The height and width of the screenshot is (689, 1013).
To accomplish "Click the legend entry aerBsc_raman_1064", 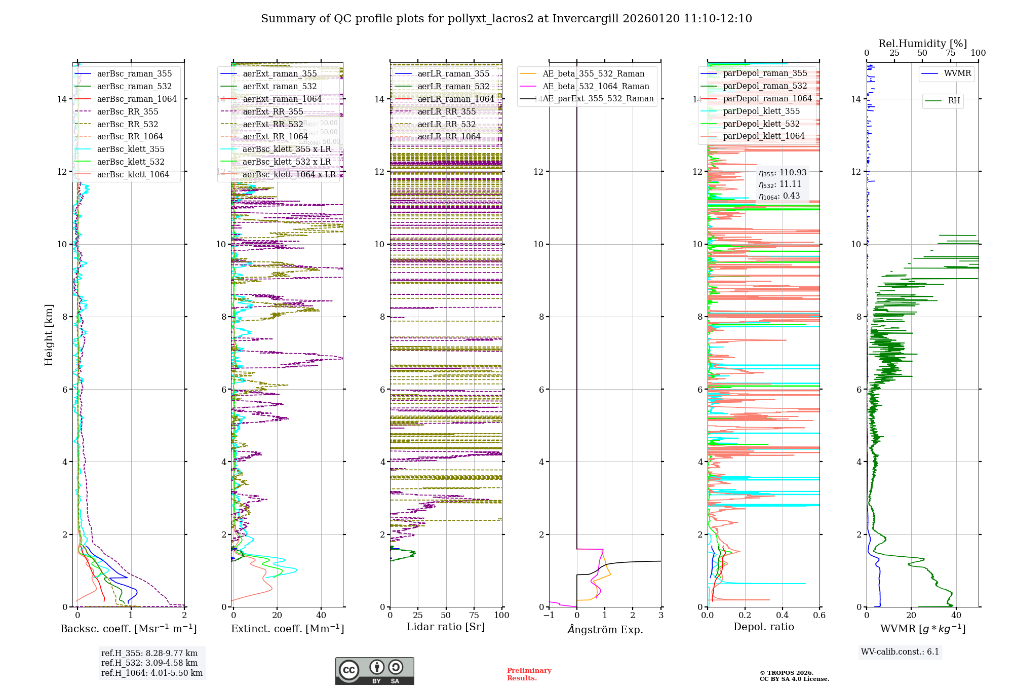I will point(137,99).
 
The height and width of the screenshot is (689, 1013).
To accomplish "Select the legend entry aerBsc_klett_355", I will point(131,149).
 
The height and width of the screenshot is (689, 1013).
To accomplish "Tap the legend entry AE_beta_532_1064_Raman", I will point(596,86).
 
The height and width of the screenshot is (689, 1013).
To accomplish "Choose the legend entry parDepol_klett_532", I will point(761,124).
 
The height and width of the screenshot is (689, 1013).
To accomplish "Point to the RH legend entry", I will point(954,101).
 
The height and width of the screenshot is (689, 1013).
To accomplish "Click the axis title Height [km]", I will point(49,335).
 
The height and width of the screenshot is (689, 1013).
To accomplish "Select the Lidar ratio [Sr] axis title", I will point(446,627).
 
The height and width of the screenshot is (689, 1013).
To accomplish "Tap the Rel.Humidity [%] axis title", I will point(922,44).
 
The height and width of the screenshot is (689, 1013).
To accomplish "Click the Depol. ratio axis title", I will point(763,627).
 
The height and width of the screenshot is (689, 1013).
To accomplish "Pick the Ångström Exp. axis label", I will point(605,630).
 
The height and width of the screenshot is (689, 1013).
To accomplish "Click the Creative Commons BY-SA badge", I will point(374,671).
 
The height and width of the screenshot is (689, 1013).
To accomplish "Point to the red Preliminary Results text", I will point(529,674).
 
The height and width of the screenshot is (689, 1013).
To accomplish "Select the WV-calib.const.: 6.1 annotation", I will point(900,652).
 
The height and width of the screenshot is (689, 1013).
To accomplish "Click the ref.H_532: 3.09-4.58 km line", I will point(149,663).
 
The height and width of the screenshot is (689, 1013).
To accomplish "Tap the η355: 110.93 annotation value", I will point(783,173).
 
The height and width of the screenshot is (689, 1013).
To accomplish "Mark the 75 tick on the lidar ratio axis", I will point(474,616).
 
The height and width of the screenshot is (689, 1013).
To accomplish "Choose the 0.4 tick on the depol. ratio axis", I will point(782,616).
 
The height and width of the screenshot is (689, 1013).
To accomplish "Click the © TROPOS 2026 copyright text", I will point(787,673).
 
